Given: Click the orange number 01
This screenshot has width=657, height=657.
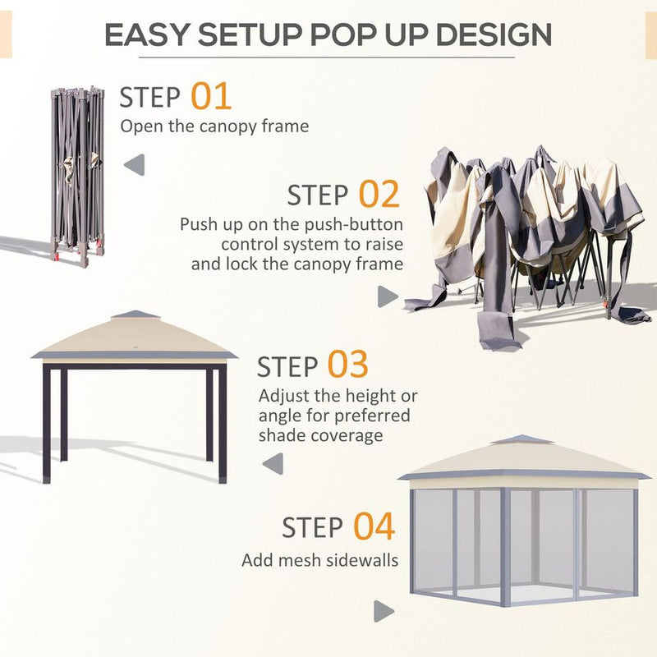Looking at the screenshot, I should (x=211, y=96).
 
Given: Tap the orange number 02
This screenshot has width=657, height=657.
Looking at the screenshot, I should (x=379, y=195).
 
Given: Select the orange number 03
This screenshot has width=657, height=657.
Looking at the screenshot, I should (x=347, y=365).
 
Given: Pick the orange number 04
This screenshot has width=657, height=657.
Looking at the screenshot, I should (x=374, y=526).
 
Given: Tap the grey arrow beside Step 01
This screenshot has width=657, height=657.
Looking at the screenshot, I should (x=134, y=164).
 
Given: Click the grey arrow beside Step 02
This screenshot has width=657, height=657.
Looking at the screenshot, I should (x=387, y=296).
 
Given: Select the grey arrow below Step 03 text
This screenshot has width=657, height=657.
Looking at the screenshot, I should (x=273, y=464).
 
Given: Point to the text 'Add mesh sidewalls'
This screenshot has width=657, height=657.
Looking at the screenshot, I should (x=319, y=561).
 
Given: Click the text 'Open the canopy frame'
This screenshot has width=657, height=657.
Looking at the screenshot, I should (x=214, y=126).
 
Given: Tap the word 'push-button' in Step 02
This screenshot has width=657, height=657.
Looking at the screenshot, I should (x=358, y=225).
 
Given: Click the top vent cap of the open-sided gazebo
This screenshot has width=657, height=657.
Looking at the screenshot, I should (x=132, y=315).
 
